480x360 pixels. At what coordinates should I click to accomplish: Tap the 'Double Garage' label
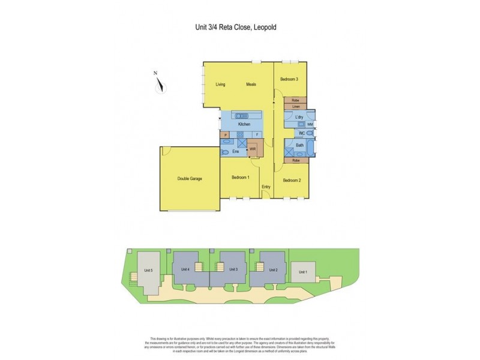tap(188, 179)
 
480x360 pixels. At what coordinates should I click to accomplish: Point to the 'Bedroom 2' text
tap(292, 181)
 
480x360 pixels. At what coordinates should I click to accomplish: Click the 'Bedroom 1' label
tap(241, 177)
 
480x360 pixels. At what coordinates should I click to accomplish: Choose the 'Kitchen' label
tap(244, 124)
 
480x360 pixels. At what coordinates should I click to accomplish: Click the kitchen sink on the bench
tap(242, 115)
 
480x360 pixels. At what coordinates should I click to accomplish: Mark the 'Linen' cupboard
tap(296, 106)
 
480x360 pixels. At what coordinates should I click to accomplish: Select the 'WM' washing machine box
tap(310, 124)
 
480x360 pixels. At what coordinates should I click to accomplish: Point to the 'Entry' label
tap(266, 187)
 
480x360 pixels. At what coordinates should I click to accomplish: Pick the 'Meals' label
tap(251, 85)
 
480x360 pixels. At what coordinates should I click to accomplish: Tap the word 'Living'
tap(220, 85)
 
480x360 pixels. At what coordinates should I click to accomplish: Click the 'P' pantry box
tap(226, 135)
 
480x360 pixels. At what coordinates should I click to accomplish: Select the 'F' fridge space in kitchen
tap(257, 135)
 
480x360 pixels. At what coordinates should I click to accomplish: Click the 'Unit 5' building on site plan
tap(148, 271)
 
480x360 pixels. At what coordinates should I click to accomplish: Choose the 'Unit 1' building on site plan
tap(303, 271)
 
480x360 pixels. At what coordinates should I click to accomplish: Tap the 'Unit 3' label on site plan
tap(233, 269)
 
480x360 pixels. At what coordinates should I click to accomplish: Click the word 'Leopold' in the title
tap(264, 27)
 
